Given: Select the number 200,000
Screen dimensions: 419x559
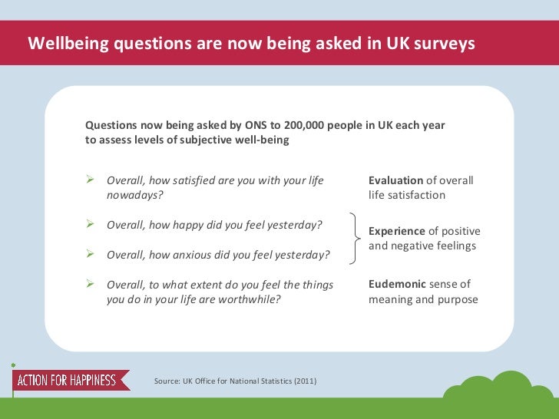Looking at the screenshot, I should pos(308,125).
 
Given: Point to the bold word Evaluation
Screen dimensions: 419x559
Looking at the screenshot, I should pos(395,180).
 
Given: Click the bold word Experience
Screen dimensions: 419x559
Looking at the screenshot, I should pos(396,231).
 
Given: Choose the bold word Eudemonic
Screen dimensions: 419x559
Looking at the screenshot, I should pos(397,285).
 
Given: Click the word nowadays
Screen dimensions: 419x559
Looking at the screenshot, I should pos(134,195).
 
